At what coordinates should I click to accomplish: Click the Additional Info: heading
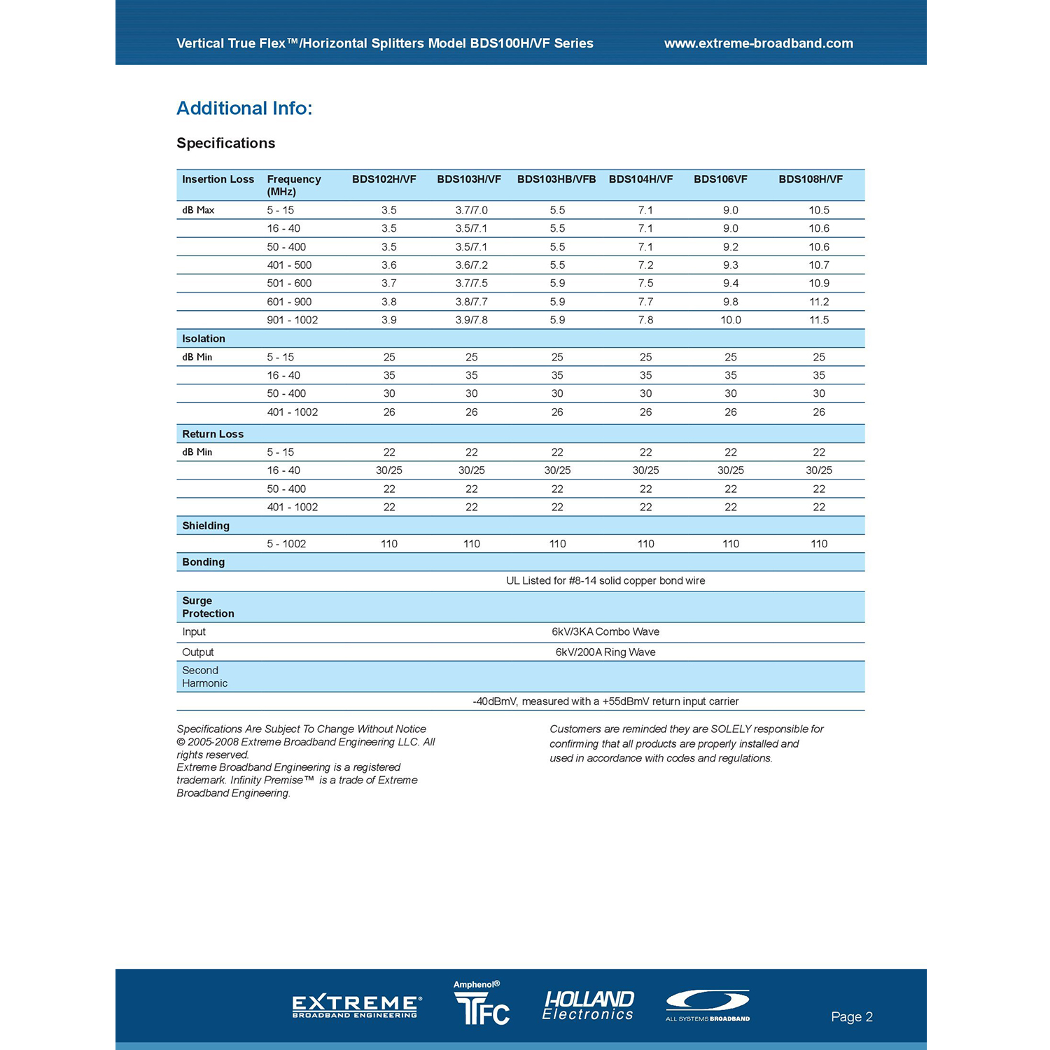(244, 108)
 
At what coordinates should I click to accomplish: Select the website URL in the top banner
(758, 43)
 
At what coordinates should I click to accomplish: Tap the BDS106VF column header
(720, 179)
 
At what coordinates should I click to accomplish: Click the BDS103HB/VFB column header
(556, 179)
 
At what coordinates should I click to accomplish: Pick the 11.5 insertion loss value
(818, 320)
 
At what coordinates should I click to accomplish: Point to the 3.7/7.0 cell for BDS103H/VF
(471, 210)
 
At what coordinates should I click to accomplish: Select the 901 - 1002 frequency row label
(292, 320)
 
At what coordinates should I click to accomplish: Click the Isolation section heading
(204, 339)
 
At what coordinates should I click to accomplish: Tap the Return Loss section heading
(213, 434)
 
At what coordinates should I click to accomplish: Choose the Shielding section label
(206, 526)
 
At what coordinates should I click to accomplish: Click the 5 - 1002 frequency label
(286, 544)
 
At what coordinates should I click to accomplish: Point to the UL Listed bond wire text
(605, 580)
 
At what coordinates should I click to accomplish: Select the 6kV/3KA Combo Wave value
(605, 631)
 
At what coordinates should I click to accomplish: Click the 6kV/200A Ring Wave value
(605, 652)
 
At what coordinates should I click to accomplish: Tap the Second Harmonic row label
(204, 677)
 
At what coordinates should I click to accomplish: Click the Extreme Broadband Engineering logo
(356, 1007)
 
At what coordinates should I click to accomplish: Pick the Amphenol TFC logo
(482, 1005)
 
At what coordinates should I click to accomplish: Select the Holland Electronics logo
(588, 1006)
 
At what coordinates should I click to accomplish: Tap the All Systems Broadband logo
(708, 1005)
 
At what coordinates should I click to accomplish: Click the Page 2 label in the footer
(851, 1017)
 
